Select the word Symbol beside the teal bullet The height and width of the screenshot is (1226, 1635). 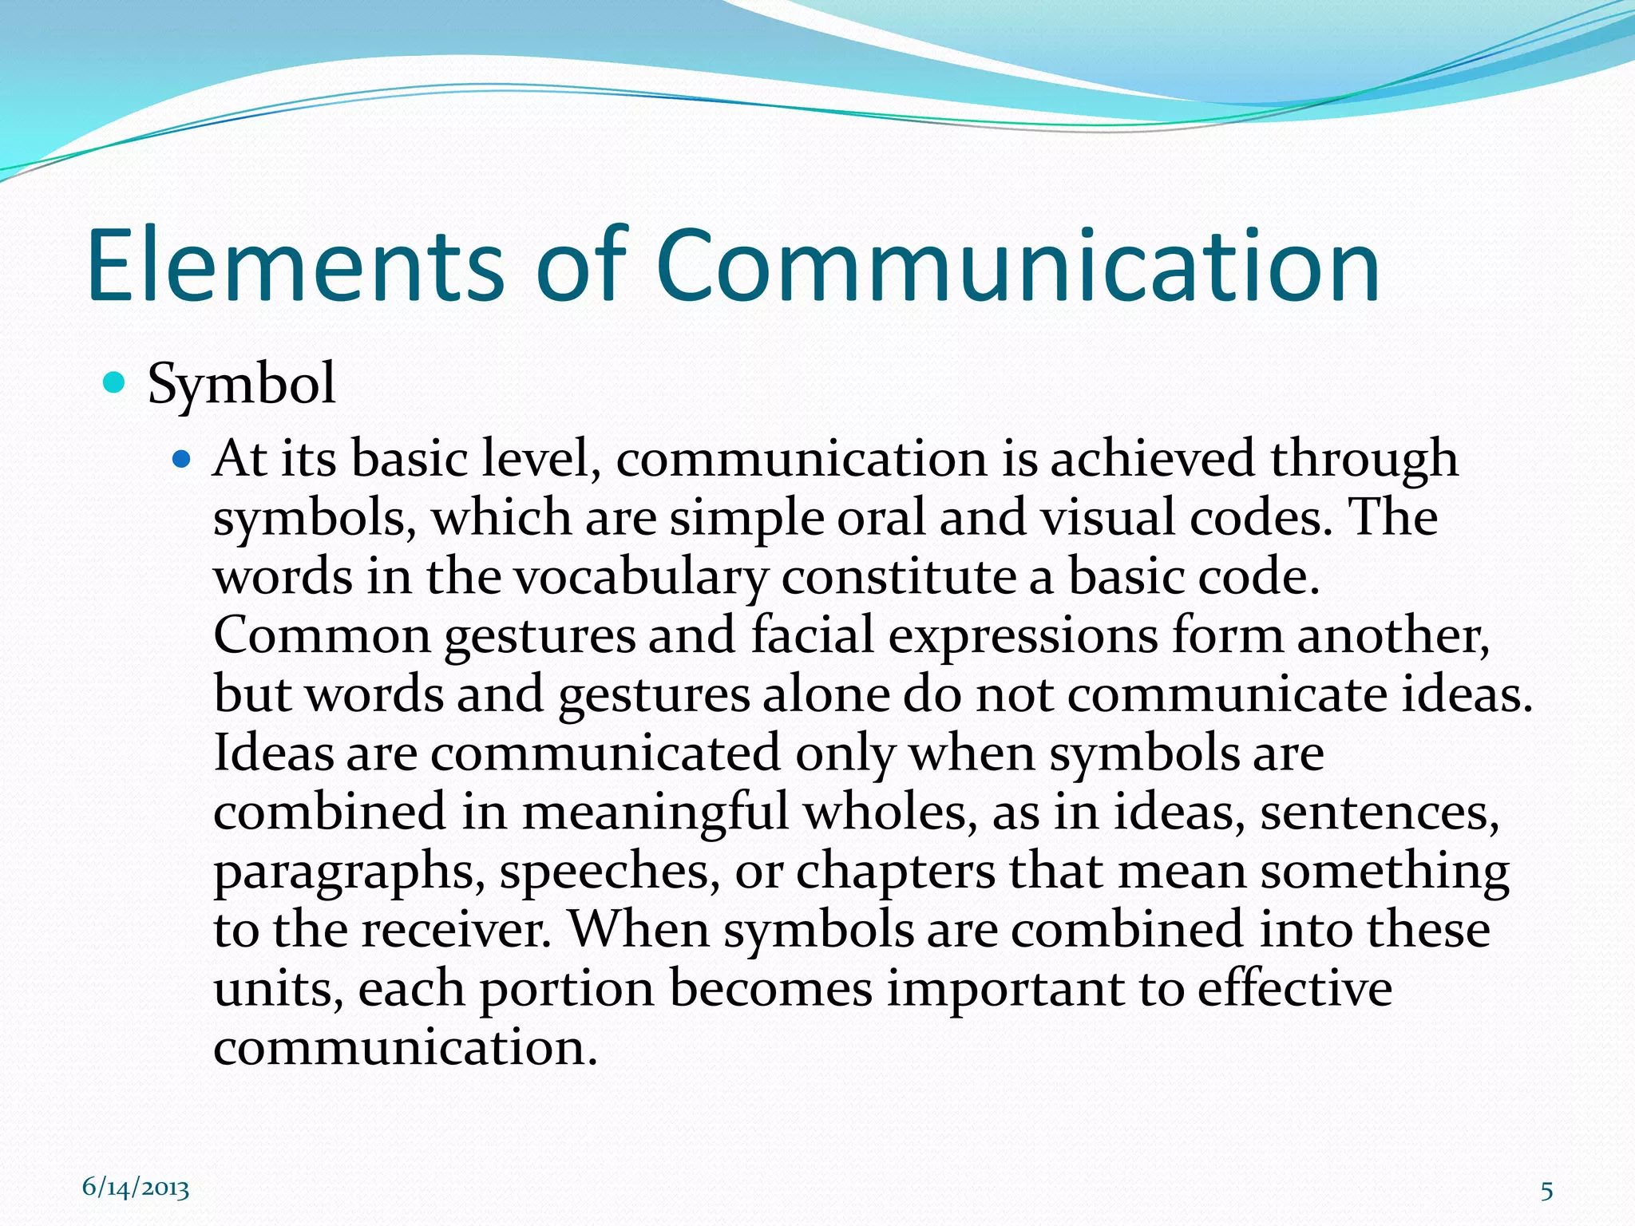point(241,385)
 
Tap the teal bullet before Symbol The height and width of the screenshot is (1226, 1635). point(115,383)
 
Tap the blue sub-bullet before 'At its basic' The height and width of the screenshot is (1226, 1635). point(183,459)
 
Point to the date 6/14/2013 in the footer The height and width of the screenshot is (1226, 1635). point(136,1188)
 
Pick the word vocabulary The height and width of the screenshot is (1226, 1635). point(641,578)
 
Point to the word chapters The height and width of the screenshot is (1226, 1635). point(895,872)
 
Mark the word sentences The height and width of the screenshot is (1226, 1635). point(1379,813)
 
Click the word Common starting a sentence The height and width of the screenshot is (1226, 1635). point(322,636)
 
